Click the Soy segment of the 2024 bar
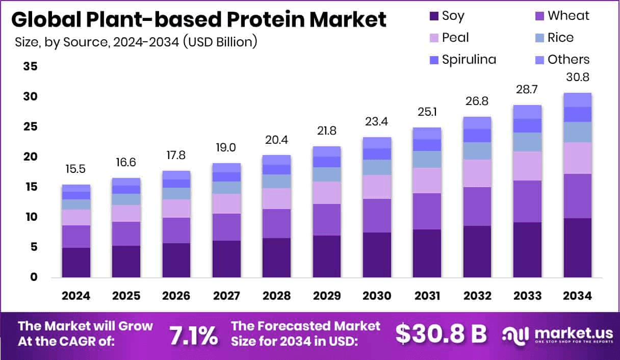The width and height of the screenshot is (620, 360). pos(76,262)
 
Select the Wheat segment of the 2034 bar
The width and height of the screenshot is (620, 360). pos(578,196)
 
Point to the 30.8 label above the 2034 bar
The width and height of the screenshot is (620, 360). pos(578,78)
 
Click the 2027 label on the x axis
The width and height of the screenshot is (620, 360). pos(226,296)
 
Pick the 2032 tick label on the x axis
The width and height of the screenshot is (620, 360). pos(477,296)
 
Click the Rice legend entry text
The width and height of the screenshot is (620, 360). pos(560,38)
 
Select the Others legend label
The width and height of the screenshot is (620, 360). pos(569,60)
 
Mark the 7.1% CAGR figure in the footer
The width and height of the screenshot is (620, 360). pos(193,335)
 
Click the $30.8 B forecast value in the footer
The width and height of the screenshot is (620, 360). pos(441,334)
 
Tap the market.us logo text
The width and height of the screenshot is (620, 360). pos(573,332)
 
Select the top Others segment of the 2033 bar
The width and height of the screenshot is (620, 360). pos(528,112)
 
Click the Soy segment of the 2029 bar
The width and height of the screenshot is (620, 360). pos(327,256)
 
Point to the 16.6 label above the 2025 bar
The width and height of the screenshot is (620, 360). pos(126,163)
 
